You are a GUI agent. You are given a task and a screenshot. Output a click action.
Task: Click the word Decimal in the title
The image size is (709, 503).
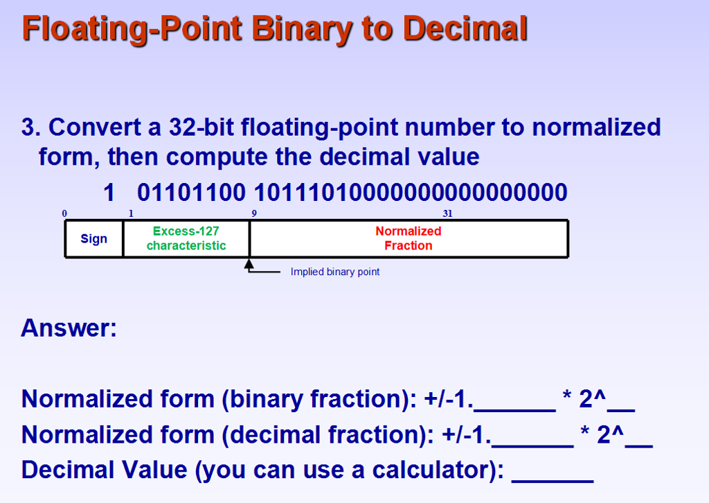coord(465,28)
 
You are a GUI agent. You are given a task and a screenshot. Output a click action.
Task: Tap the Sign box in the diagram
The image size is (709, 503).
coord(94,239)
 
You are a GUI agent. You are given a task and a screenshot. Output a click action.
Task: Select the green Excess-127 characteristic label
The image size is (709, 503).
coord(186,238)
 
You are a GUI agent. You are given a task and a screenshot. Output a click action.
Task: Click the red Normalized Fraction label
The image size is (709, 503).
coord(409,238)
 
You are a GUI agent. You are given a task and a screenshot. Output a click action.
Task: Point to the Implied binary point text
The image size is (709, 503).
coord(335,272)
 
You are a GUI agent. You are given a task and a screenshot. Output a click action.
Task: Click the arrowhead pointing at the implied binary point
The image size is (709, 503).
coord(249,264)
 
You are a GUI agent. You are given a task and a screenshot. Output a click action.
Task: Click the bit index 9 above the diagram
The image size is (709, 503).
coord(254,213)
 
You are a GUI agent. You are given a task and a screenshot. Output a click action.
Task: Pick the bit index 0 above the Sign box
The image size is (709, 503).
coord(64,213)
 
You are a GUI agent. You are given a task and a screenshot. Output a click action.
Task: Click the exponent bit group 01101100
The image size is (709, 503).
coord(191,192)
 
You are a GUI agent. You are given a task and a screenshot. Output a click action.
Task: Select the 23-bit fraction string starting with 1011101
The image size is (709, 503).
coord(411,192)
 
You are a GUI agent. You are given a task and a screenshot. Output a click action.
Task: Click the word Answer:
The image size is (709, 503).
coord(69,327)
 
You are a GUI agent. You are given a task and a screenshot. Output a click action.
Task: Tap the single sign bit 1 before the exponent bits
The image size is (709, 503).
coord(108,192)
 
